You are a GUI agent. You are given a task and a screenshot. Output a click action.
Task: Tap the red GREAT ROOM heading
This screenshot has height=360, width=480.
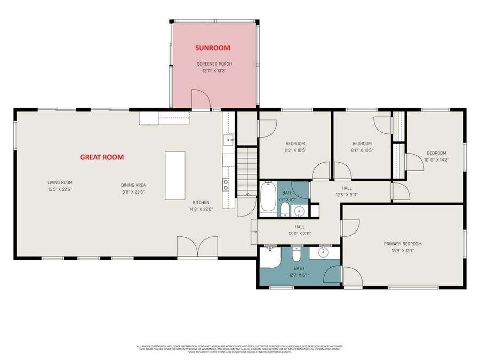(x=102, y=157)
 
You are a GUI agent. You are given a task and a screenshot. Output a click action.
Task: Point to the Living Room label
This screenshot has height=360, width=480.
(x=60, y=182)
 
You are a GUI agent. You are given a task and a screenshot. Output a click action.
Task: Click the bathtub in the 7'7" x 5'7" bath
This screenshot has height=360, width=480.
(x=268, y=197)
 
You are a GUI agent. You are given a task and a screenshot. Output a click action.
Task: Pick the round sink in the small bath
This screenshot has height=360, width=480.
(x=299, y=211)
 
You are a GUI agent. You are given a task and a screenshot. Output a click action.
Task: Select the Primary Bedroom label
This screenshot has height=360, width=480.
(x=406, y=244)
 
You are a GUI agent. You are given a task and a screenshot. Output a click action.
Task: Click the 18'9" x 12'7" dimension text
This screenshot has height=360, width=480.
(x=406, y=250)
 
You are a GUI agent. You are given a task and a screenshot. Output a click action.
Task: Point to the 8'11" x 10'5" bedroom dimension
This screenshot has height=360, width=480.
(x=362, y=150)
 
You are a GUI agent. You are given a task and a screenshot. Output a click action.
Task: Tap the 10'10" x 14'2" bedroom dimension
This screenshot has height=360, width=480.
(x=436, y=159)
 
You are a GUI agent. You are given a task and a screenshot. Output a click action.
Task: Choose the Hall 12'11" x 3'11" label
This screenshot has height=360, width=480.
(x=299, y=230)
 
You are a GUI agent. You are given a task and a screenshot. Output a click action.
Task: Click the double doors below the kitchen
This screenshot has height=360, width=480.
(x=197, y=249)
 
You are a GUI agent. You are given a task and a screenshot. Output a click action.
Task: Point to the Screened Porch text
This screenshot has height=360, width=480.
(x=214, y=64)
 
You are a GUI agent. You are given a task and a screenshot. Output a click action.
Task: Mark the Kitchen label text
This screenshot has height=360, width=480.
(x=201, y=202)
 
